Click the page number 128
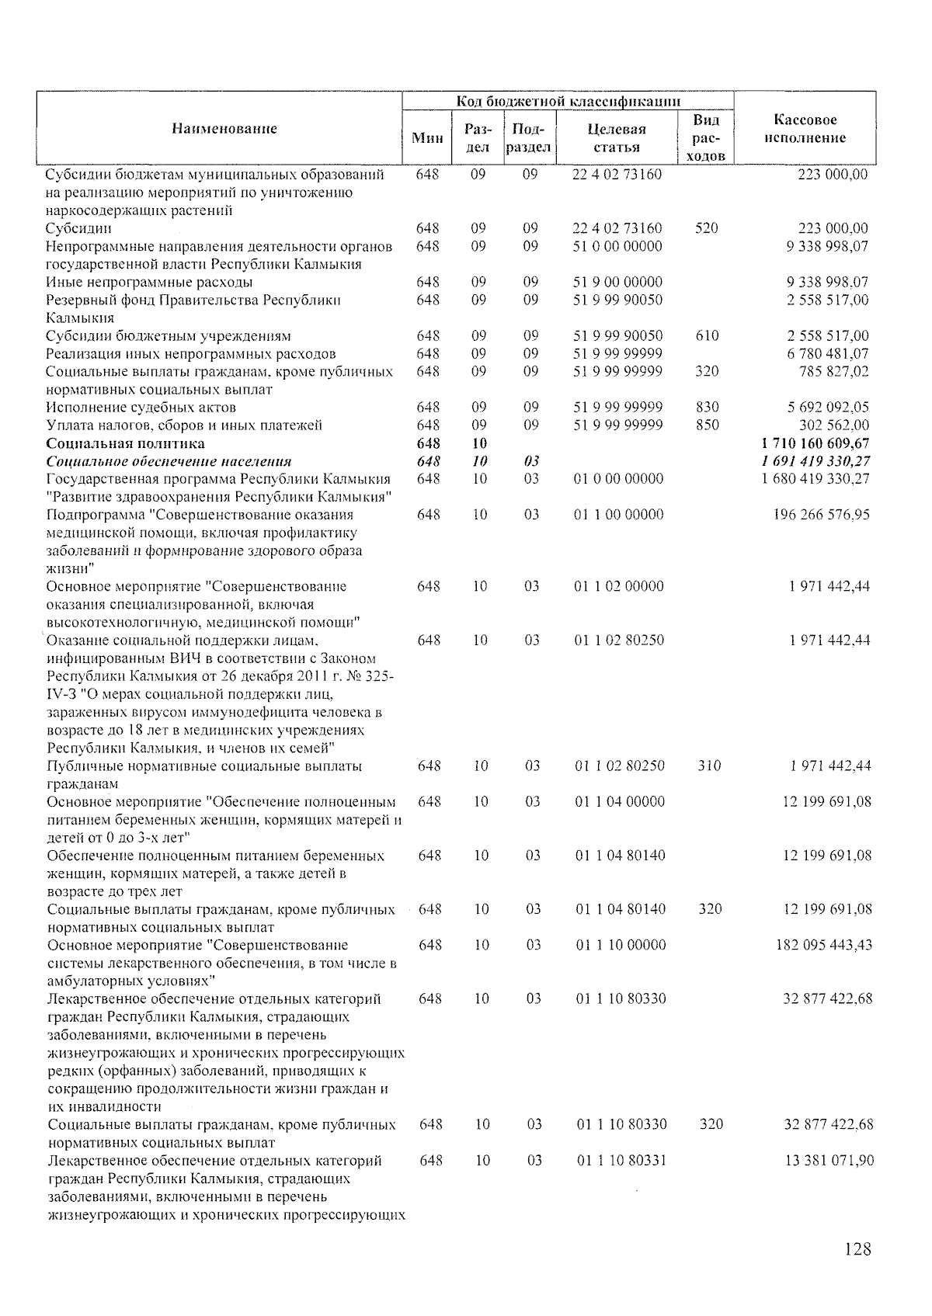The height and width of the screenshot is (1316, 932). click(857, 1249)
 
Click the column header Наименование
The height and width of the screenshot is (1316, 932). click(224, 129)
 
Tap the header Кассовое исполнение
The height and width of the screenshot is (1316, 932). click(805, 129)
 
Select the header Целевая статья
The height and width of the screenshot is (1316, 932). click(617, 138)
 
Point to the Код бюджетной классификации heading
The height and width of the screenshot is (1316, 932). click(569, 102)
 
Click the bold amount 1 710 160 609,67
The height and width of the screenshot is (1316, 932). click(817, 443)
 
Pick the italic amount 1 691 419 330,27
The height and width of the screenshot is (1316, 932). click(817, 461)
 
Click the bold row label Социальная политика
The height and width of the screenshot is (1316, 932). click(126, 443)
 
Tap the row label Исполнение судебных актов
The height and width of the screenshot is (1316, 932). click(141, 408)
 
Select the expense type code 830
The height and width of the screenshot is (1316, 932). click(707, 408)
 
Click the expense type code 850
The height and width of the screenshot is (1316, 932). click(707, 425)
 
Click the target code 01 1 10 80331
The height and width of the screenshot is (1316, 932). click(621, 1161)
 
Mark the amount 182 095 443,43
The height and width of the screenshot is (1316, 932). click(824, 946)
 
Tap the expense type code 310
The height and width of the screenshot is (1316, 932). click(709, 766)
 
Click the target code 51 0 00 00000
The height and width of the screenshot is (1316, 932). click(617, 246)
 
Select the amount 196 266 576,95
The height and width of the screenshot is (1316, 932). click(823, 515)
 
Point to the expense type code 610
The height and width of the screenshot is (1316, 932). click(707, 336)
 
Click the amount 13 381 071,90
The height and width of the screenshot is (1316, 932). click(829, 1161)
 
